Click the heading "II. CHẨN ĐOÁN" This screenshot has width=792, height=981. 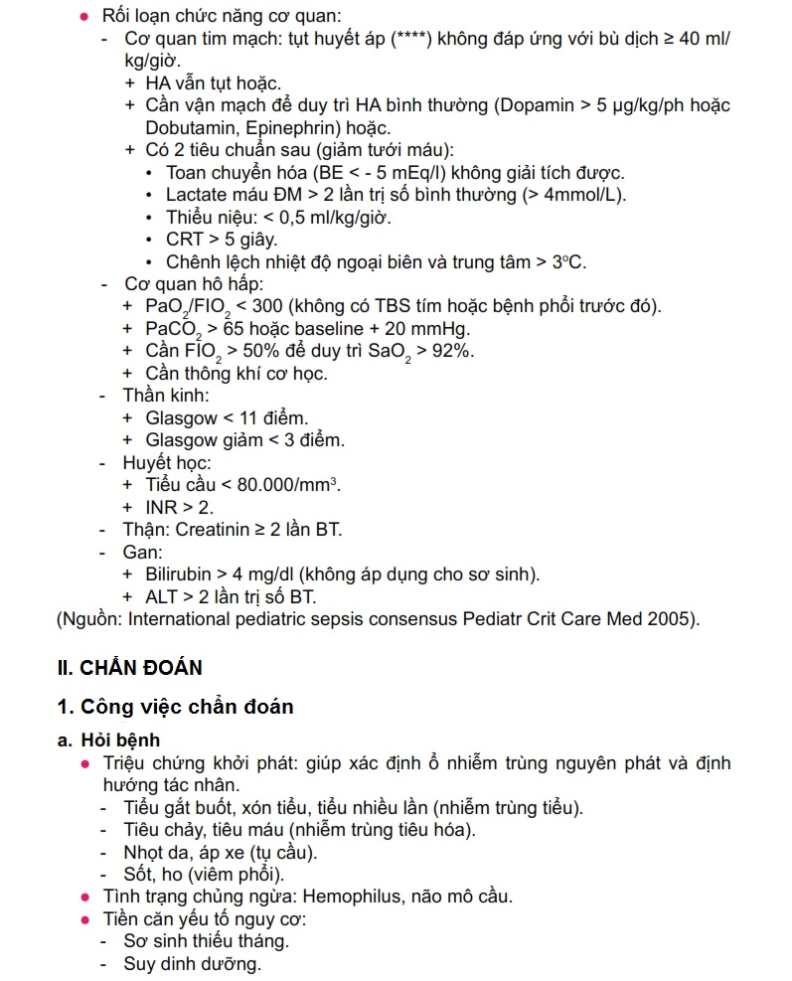click(x=130, y=668)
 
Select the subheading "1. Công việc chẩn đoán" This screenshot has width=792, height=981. click(x=175, y=707)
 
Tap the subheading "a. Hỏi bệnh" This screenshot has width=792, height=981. click(x=108, y=740)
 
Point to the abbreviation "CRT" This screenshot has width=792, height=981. click(x=185, y=240)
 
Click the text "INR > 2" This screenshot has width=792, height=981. click(x=179, y=507)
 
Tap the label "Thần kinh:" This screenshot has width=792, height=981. click(x=167, y=396)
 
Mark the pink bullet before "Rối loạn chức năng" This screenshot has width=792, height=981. click(x=85, y=18)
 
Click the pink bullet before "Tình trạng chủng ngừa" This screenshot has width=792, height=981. click(x=85, y=897)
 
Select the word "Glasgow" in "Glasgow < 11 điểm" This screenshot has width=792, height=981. click(x=181, y=417)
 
